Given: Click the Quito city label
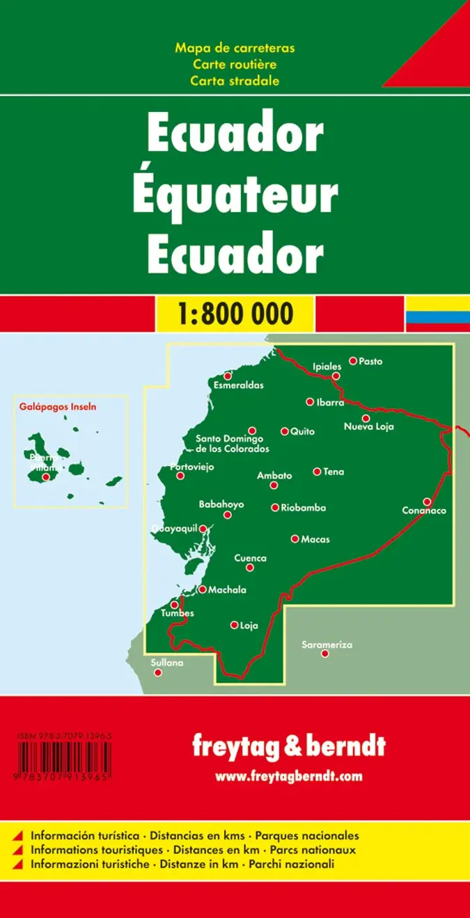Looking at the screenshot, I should (302, 432).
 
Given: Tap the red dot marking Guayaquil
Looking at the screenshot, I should (203, 529).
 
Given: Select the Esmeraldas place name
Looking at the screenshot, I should (238, 385).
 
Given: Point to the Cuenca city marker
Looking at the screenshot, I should (250, 567).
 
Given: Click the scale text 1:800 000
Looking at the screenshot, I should (235, 314).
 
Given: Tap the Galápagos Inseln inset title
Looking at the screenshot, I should (58, 406).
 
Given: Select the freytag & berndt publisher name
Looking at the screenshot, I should (288, 747).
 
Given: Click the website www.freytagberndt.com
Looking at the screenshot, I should (288, 776).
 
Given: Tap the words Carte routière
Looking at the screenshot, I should (235, 64).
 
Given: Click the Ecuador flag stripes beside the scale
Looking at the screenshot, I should (437, 314).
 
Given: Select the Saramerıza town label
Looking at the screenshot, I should (327, 645).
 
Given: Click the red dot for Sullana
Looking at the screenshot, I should (158, 673).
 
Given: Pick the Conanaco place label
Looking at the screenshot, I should (423, 510).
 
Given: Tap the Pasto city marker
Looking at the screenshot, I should (353, 360).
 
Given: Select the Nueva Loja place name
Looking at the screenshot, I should (368, 426).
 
